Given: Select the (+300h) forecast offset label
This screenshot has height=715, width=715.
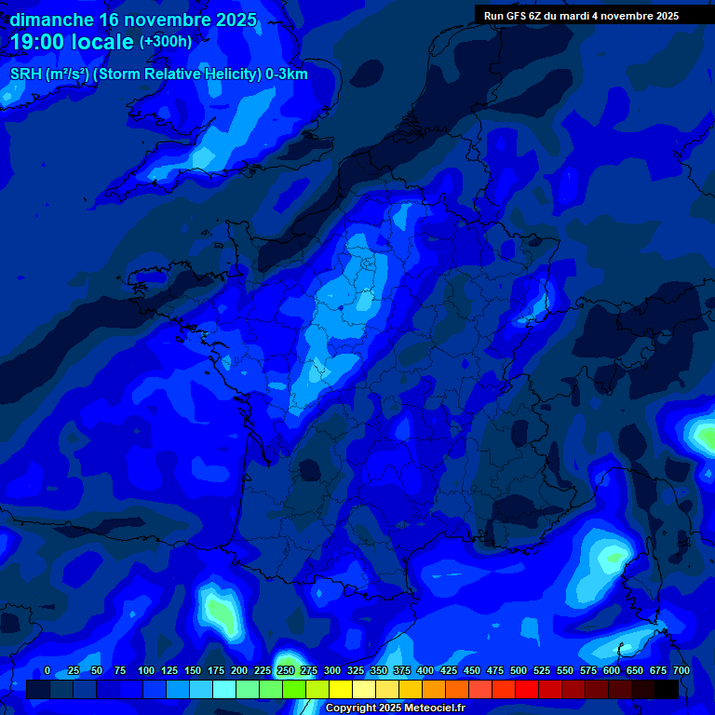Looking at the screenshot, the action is point(166,42).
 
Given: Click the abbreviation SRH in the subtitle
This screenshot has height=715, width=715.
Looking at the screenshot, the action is point(25,74).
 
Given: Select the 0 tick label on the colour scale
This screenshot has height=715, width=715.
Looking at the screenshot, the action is point(47,670).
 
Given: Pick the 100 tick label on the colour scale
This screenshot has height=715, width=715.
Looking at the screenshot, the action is point(146,670).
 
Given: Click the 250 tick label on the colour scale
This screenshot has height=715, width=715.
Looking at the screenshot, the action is point(286,670).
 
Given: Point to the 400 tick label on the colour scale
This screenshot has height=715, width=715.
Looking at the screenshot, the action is point(425,670).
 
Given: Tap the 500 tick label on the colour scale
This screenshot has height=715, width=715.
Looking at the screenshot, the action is point(519,670).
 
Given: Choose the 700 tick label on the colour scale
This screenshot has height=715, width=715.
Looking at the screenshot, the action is point(681,670).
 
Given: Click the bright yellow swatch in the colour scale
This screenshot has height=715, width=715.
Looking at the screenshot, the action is point(341,689).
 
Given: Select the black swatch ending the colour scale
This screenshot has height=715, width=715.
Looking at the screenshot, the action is point(667,689).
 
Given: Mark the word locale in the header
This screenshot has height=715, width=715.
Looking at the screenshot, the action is point(101,42).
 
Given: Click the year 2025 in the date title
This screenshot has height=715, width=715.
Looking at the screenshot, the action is point(236,20).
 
